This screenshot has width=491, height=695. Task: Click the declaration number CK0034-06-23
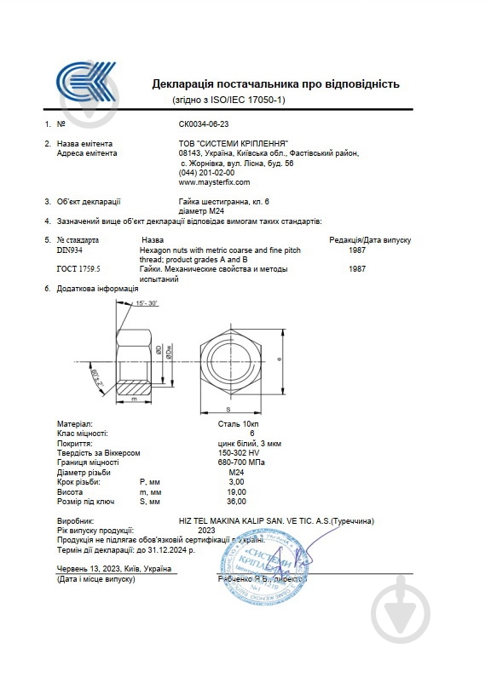[x=204, y=123]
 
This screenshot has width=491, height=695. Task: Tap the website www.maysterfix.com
[x=214, y=182]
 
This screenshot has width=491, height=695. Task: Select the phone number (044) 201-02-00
[x=206, y=173]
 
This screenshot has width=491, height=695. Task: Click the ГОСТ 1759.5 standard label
[x=78, y=269]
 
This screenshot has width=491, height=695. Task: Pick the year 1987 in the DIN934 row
[x=358, y=250]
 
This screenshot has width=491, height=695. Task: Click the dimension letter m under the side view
[x=135, y=399]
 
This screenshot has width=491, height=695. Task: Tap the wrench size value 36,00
[x=236, y=502]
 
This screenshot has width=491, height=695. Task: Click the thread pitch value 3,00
[x=236, y=482]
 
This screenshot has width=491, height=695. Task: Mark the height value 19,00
[x=236, y=492]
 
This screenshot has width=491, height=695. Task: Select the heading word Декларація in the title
[x=184, y=84]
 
